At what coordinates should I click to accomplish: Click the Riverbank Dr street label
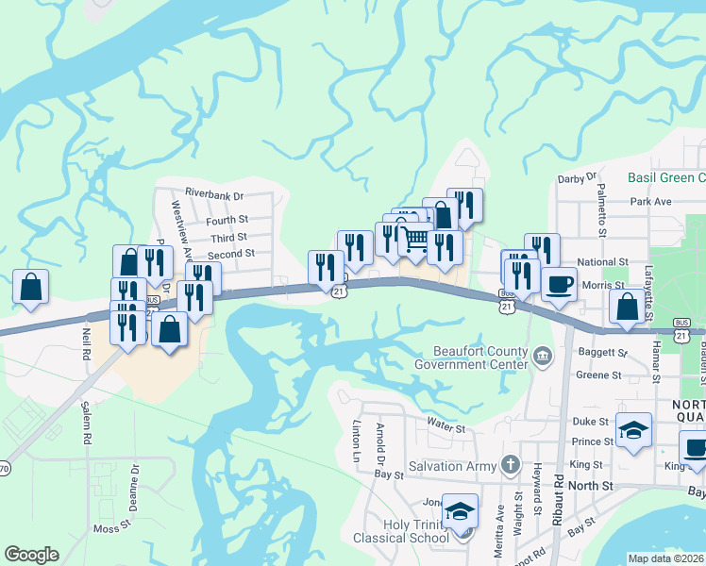tap(214, 195)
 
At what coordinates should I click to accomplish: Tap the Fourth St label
tap(227, 221)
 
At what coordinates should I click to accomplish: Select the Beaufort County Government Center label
tap(474, 356)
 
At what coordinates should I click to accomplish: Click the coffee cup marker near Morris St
tap(559, 284)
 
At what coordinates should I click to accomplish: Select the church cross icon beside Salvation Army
tap(511, 464)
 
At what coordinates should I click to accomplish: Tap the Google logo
tap(31, 555)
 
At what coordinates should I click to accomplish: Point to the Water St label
tap(446, 428)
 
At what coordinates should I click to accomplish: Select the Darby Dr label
tap(578, 177)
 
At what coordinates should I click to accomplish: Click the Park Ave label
tap(650, 202)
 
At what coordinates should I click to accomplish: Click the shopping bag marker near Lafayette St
tap(627, 307)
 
